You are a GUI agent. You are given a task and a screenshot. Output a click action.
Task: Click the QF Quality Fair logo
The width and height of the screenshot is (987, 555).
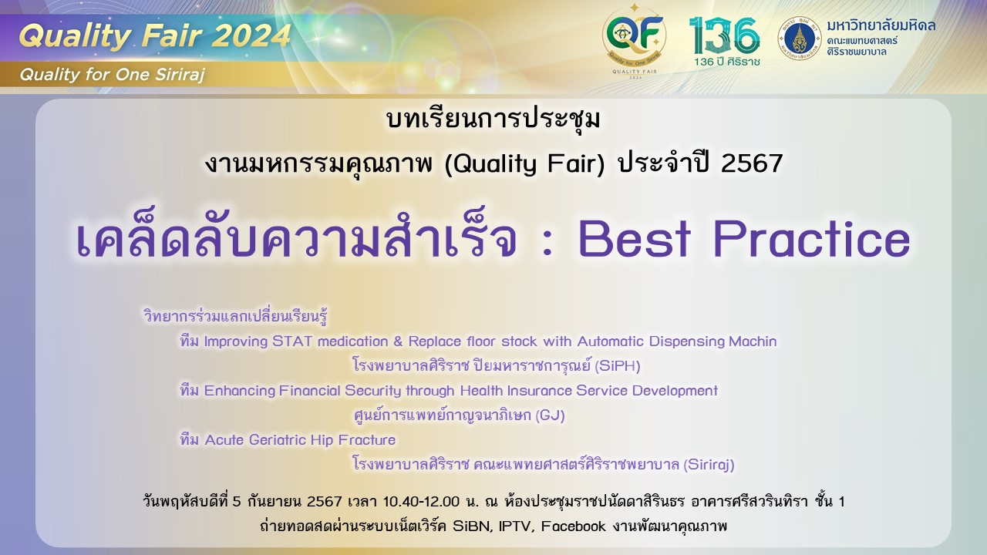(635, 42)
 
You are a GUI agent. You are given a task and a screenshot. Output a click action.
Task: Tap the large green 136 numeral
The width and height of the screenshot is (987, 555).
(724, 35)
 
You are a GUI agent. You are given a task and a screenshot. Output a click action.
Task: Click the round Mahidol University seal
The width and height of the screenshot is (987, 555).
(800, 39)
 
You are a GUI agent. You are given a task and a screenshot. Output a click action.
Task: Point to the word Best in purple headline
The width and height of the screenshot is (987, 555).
(635, 239)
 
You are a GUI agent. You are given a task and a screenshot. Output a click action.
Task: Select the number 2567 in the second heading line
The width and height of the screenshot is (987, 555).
(752, 163)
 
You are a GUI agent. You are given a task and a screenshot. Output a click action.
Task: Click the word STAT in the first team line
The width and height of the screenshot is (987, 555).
(292, 341)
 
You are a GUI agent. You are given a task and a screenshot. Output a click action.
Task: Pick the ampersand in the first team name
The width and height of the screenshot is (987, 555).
(398, 341)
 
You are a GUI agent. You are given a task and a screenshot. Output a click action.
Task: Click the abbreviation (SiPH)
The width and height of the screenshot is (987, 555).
(618, 366)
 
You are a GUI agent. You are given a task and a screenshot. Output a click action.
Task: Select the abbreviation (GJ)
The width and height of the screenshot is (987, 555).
(550, 415)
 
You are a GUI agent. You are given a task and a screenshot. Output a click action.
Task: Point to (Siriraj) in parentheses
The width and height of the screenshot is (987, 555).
(709, 465)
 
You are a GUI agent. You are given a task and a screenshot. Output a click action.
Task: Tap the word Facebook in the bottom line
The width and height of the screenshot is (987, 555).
(574, 526)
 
